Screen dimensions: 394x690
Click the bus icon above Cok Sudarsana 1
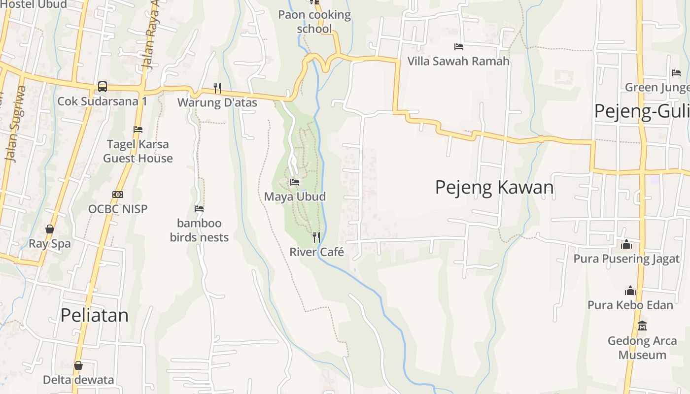click(102, 86)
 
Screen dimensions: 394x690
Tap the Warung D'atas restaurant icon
click(217, 88)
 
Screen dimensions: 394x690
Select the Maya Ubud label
click(295, 197)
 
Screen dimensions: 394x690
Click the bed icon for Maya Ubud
click(295, 182)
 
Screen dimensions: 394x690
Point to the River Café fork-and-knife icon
click(316, 237)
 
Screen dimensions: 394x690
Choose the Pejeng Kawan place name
click(494, 188)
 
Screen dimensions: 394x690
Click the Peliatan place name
click(94, 315)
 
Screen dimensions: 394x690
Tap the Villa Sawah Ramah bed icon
click(458, 47)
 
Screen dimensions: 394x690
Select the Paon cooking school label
click(314, 22)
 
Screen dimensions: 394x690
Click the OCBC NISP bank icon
click(117, 195)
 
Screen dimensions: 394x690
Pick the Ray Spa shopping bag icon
click(50, 229)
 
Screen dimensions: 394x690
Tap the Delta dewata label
click(78, 380)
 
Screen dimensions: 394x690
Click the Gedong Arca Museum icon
click(642, 326)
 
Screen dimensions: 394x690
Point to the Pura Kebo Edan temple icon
click(630, 291)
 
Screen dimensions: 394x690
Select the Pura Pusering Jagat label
click(626, 259)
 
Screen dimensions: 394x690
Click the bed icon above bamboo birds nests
click(199, 209)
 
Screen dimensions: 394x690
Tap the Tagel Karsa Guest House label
click(138, 151)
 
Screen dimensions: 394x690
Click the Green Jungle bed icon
click(676, 73)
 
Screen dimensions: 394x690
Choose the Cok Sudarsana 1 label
click(103, 101)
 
